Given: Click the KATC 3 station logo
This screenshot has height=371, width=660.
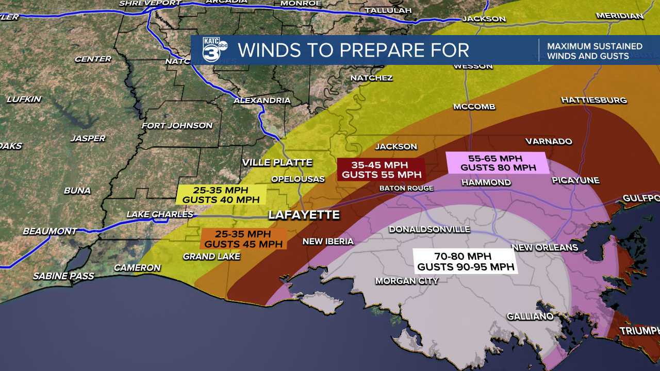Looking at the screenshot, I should coord(213,50).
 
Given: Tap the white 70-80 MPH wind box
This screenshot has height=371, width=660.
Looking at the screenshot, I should coord(465,261).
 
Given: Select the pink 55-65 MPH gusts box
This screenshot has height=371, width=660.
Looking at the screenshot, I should coord(498,163).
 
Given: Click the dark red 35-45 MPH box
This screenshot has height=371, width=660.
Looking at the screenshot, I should coord(381,170).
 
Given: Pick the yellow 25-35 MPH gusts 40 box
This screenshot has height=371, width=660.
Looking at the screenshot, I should coord(221,195).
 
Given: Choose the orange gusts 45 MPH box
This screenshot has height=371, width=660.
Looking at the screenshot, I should coord(243,239).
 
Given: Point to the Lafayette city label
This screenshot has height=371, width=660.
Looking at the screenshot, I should coord(304,215).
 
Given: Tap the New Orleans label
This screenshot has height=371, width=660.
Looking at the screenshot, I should coord(545,247).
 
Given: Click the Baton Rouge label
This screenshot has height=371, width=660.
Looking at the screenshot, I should coord(407,188).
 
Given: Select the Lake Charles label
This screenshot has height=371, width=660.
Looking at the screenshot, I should coord(160,214).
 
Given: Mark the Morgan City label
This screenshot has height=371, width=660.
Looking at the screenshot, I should coord(406,281).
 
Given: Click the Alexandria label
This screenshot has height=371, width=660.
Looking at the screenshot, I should coord(262,100).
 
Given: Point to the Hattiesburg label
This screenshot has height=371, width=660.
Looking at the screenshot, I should coord(594,99).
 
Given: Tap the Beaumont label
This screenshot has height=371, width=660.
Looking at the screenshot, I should coord(49,231).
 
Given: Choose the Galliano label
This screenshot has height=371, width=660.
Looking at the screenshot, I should coord(530,316).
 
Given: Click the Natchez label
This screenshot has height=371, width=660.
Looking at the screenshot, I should coord(371,78).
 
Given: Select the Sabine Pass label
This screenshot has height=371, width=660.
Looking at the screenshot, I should coord(63,276).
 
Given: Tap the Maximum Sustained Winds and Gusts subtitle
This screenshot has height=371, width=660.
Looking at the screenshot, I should coord(595,51).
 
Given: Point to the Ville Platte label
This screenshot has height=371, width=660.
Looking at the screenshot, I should coord(277,162).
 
